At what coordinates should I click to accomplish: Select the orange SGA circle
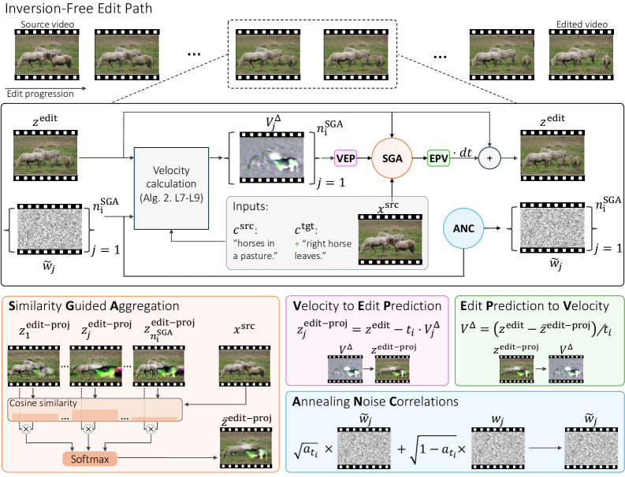pos(392,157)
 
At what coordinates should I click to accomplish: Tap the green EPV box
pos(440,157)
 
